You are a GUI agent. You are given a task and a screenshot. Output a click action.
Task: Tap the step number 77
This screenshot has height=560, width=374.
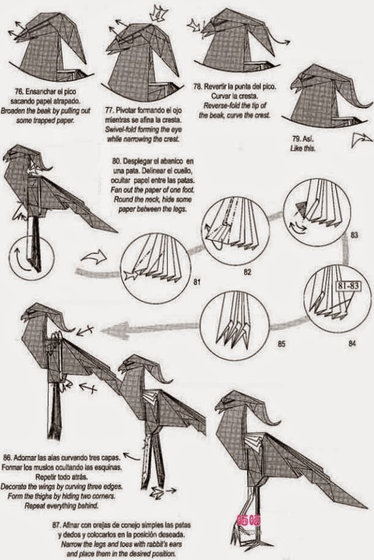point(110,110)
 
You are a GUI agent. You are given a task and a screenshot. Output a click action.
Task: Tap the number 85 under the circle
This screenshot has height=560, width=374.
point(281,344)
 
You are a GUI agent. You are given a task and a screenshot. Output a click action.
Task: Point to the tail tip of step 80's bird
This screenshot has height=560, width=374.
point(115,230)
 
